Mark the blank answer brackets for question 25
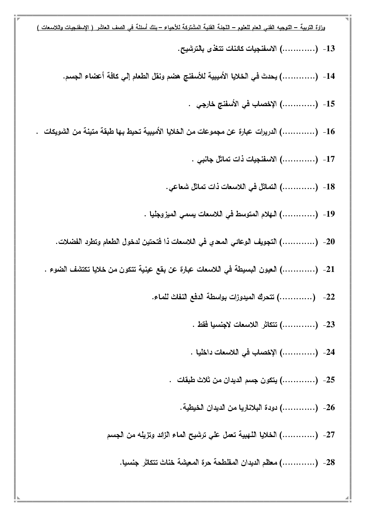[299, 380]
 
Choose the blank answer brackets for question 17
[299, 159]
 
